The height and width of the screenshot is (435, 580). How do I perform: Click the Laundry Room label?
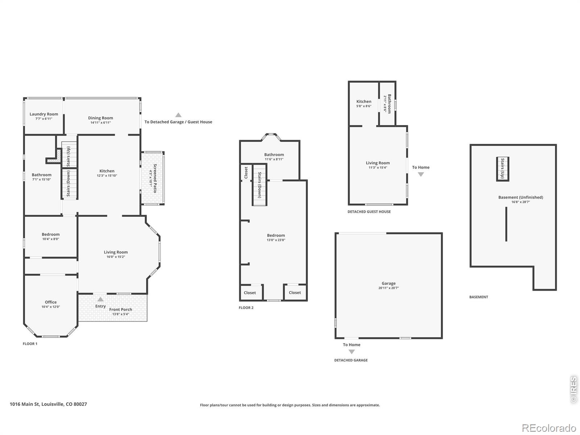[44, 114]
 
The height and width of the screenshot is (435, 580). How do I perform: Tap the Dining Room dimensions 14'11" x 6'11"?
[101, 123]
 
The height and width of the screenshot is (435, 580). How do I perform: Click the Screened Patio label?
[155, 178]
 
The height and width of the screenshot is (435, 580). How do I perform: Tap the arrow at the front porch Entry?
[100, 299]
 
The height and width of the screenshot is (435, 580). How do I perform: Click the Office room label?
[51, 302]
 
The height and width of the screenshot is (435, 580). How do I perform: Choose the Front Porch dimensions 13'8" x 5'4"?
[121, 314]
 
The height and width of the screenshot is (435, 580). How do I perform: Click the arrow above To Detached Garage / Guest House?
[178, 115]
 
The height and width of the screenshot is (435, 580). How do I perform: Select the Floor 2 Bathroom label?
[274, 154]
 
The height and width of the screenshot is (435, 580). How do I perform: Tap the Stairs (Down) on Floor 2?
[260, 185]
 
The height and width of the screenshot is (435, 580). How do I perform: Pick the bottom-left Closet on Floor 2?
[250, 293]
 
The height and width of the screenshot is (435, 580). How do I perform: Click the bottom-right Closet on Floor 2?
[295, 293]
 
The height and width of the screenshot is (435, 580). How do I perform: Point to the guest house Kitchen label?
[364, 101]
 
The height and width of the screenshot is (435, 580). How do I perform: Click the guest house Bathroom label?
[389, 104]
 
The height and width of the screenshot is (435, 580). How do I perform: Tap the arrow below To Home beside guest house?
[421, 174]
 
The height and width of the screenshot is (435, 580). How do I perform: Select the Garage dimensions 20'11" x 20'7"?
[389, 288]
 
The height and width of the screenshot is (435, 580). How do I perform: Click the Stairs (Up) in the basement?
[502, 169]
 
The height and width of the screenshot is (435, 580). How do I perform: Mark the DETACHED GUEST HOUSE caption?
[369, 212]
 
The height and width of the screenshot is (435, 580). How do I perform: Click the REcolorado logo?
[549, 428]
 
